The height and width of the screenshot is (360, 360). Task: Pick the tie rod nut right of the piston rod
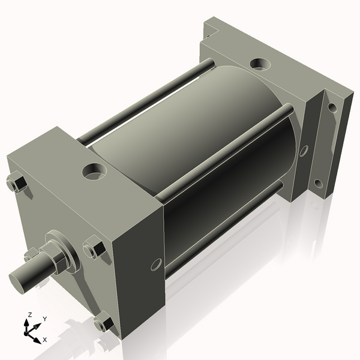[94, 247]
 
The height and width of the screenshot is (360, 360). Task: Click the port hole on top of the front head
[94, 171]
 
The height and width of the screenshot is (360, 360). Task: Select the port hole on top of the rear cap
[260, 64]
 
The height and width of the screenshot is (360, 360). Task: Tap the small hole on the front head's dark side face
[157, 265]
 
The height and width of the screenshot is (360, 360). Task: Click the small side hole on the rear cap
[304, 151]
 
